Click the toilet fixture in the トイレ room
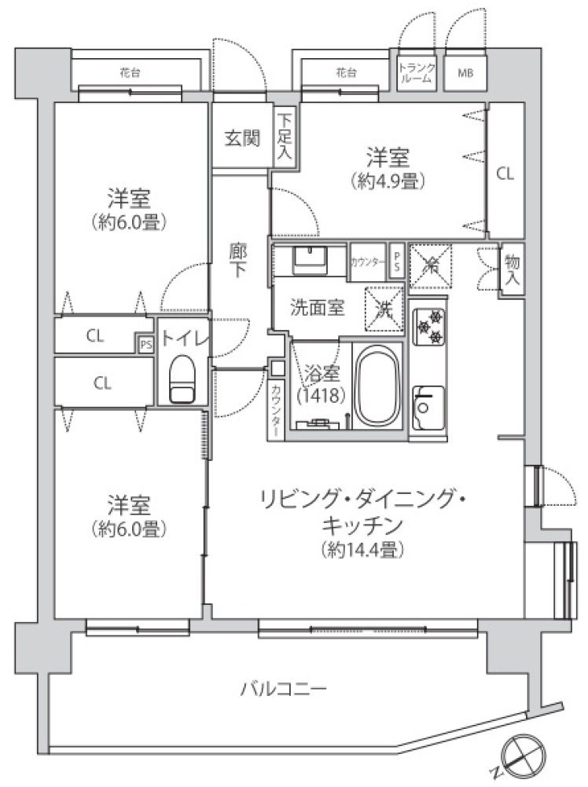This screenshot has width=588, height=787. coord(182,379)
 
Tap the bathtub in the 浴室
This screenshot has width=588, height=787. coord(378,386)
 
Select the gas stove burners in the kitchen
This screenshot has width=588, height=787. coord(429,326)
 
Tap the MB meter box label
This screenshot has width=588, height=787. coord(465,73)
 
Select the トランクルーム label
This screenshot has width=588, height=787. coord(417,73)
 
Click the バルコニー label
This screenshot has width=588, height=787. coord(284,689)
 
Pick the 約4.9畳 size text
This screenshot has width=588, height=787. coord(388,181)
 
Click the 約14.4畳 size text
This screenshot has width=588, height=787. coord(363,550)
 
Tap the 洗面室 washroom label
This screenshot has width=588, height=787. coord(318,307)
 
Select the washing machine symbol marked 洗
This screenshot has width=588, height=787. coord(384,309)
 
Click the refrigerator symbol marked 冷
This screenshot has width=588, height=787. coord(431,266)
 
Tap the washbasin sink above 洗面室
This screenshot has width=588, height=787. coord(309,259)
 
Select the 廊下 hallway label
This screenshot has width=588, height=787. coord(237,259)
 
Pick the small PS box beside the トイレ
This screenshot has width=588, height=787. coord(146,344)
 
